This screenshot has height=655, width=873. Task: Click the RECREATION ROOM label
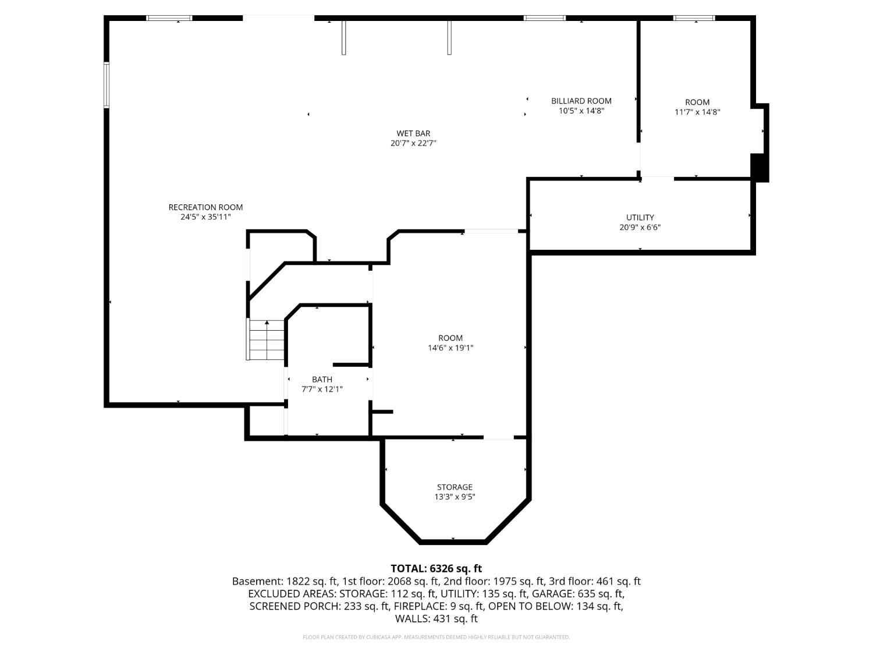point(205,207)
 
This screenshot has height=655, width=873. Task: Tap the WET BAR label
point(413,134)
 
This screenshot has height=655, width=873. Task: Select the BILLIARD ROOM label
point(581,101)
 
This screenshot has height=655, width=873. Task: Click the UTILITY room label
point(640,218)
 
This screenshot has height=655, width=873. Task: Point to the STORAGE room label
point(455,487)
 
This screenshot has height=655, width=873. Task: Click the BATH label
point(322,380)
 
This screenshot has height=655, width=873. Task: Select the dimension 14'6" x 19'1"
point(450,348)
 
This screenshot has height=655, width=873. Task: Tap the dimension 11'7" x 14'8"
point(697,112)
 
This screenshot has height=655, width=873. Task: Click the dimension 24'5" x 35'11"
point(205,217)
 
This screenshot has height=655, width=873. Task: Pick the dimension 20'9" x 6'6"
point(640,228)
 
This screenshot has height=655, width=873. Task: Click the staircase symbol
point(265,339)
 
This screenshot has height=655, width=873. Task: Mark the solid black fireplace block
point(760,168)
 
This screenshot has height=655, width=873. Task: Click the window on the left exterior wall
point(107,84)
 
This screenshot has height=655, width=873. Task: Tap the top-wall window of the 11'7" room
point(694,18)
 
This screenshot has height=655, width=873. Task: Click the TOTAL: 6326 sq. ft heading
point(436,568)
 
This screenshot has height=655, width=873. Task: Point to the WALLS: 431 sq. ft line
point(436,619)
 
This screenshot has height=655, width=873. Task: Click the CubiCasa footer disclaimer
point(436,638)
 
